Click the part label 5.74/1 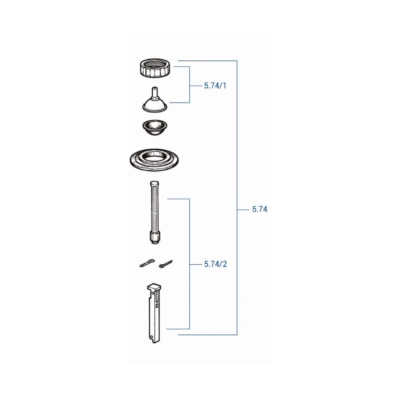215,86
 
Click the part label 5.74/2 215,265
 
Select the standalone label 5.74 260,209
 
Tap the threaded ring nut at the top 155,68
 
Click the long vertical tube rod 155,212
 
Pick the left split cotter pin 147,263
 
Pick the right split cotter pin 166,264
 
